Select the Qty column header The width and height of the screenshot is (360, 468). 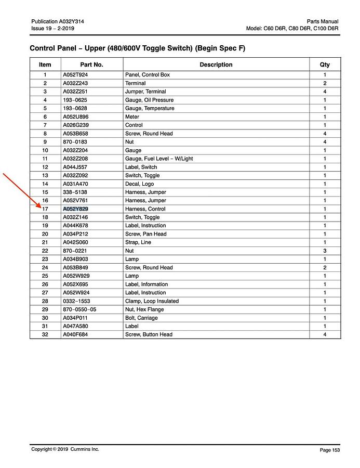pos(325,65)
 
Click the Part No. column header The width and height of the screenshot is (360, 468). pos(91,65)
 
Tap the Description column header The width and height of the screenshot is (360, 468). pos(216,65)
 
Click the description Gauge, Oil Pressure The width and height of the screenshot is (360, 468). pos(149,100)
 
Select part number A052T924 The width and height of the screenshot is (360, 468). pos(75,75)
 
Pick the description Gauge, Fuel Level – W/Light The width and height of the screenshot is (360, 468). pos(159,159)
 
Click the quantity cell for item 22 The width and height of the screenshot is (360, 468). pos(325,251)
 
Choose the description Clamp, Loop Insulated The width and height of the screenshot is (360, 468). pos(152,301)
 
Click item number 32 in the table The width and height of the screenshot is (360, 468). pos(45,334)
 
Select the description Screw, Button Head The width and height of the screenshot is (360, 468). pos(149,334)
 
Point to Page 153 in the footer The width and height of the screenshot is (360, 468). pos(329,450)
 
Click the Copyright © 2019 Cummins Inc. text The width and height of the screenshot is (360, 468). pos(65,449)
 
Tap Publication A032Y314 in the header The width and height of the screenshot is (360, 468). pos(58,21)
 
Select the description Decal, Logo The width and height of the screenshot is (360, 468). pos(139,184)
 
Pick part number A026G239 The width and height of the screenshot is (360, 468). pos(75,125)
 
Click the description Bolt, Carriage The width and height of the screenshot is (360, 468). pos(141,318)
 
